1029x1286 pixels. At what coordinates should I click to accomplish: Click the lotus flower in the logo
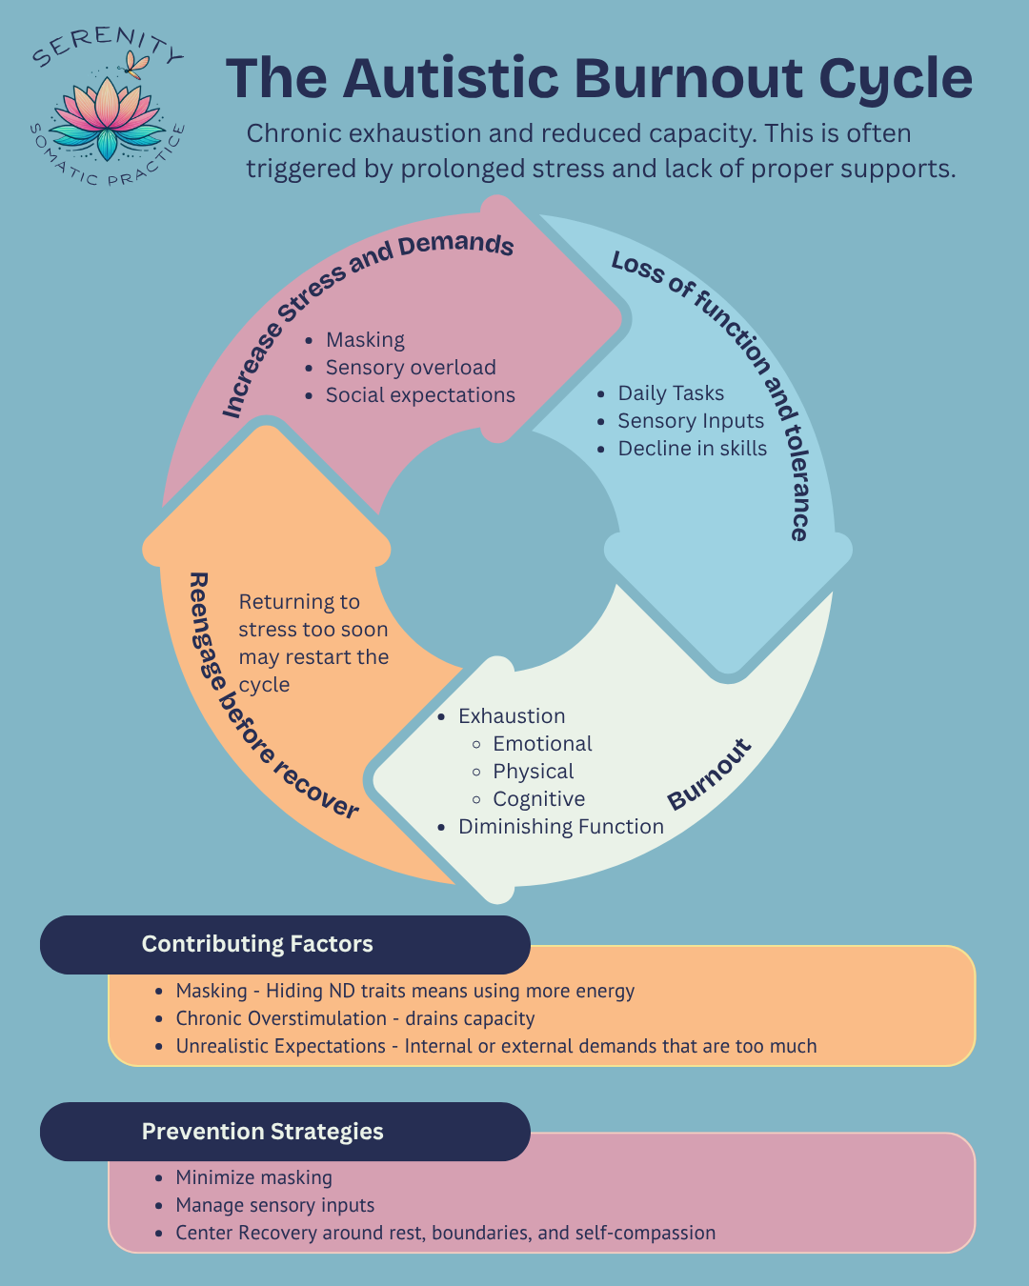[x=107, y=118]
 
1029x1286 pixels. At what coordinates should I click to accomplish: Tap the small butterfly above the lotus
[x=137, y=65]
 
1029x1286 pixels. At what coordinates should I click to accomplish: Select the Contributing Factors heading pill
[x=285, y=944]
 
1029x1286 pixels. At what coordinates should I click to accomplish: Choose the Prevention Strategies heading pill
[x=285, y=1132]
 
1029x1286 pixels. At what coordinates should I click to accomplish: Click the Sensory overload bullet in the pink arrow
[x=411, y=368]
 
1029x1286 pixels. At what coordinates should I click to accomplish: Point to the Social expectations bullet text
[x=420, y=395]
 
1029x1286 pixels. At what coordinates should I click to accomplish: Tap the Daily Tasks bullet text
[x=671, y=393]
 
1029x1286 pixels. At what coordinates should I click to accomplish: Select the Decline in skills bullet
[x=693, y=448]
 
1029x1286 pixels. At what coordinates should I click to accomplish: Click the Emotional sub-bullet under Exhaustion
[x=542, y=743]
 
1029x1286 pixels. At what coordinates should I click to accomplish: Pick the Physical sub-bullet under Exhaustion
[x=534, y=772]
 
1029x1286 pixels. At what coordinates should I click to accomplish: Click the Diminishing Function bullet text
[x=561, y=827]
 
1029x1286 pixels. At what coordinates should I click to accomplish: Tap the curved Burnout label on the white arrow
[x=710, y=774]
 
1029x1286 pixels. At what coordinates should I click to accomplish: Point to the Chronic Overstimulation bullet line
[x=355, y=1018]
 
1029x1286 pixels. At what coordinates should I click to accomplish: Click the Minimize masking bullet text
[x=254, y=1177]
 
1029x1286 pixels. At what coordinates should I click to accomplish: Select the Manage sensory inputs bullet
[x=275, y=1205]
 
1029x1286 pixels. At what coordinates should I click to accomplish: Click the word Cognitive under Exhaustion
[x=538, y=799]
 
